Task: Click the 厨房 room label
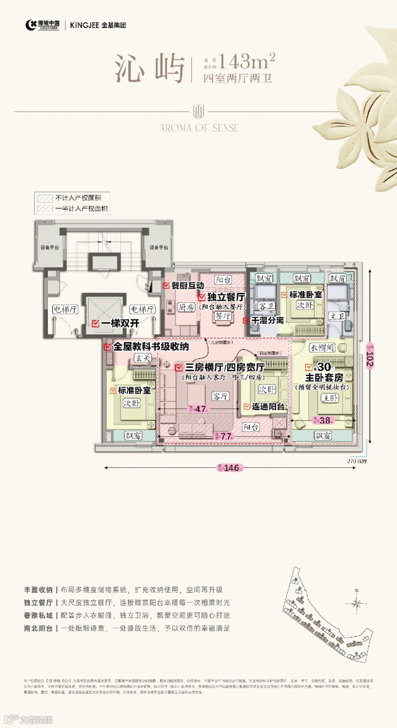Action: pos(187,307)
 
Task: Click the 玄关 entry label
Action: pos(143,358)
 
